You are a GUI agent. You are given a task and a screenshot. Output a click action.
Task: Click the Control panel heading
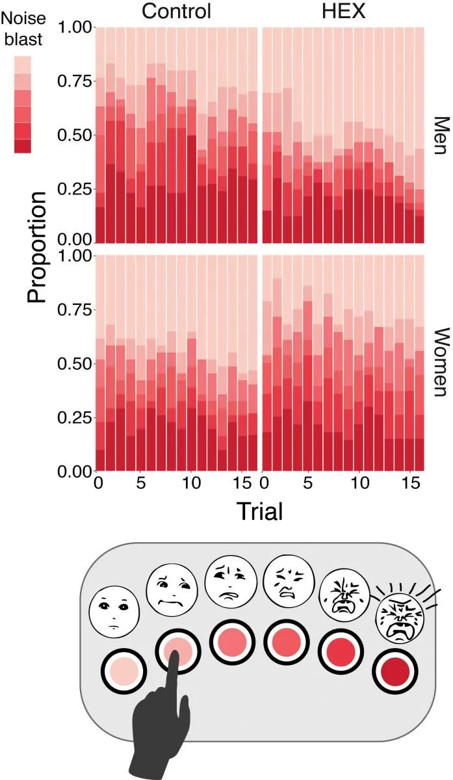[x=176, y=11]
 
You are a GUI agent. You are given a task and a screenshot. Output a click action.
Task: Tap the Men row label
[x=441, y=136]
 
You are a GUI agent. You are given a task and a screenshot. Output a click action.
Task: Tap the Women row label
[x=441, y=361]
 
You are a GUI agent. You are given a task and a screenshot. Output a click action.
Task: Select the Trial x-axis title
[x=259, y=511]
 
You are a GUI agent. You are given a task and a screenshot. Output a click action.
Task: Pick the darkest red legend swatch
[x=22, y=146]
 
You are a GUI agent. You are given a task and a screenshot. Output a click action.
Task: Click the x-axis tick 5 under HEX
[x=308, y=484]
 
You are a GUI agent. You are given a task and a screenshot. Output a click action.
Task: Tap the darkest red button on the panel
[x=395, y=669]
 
